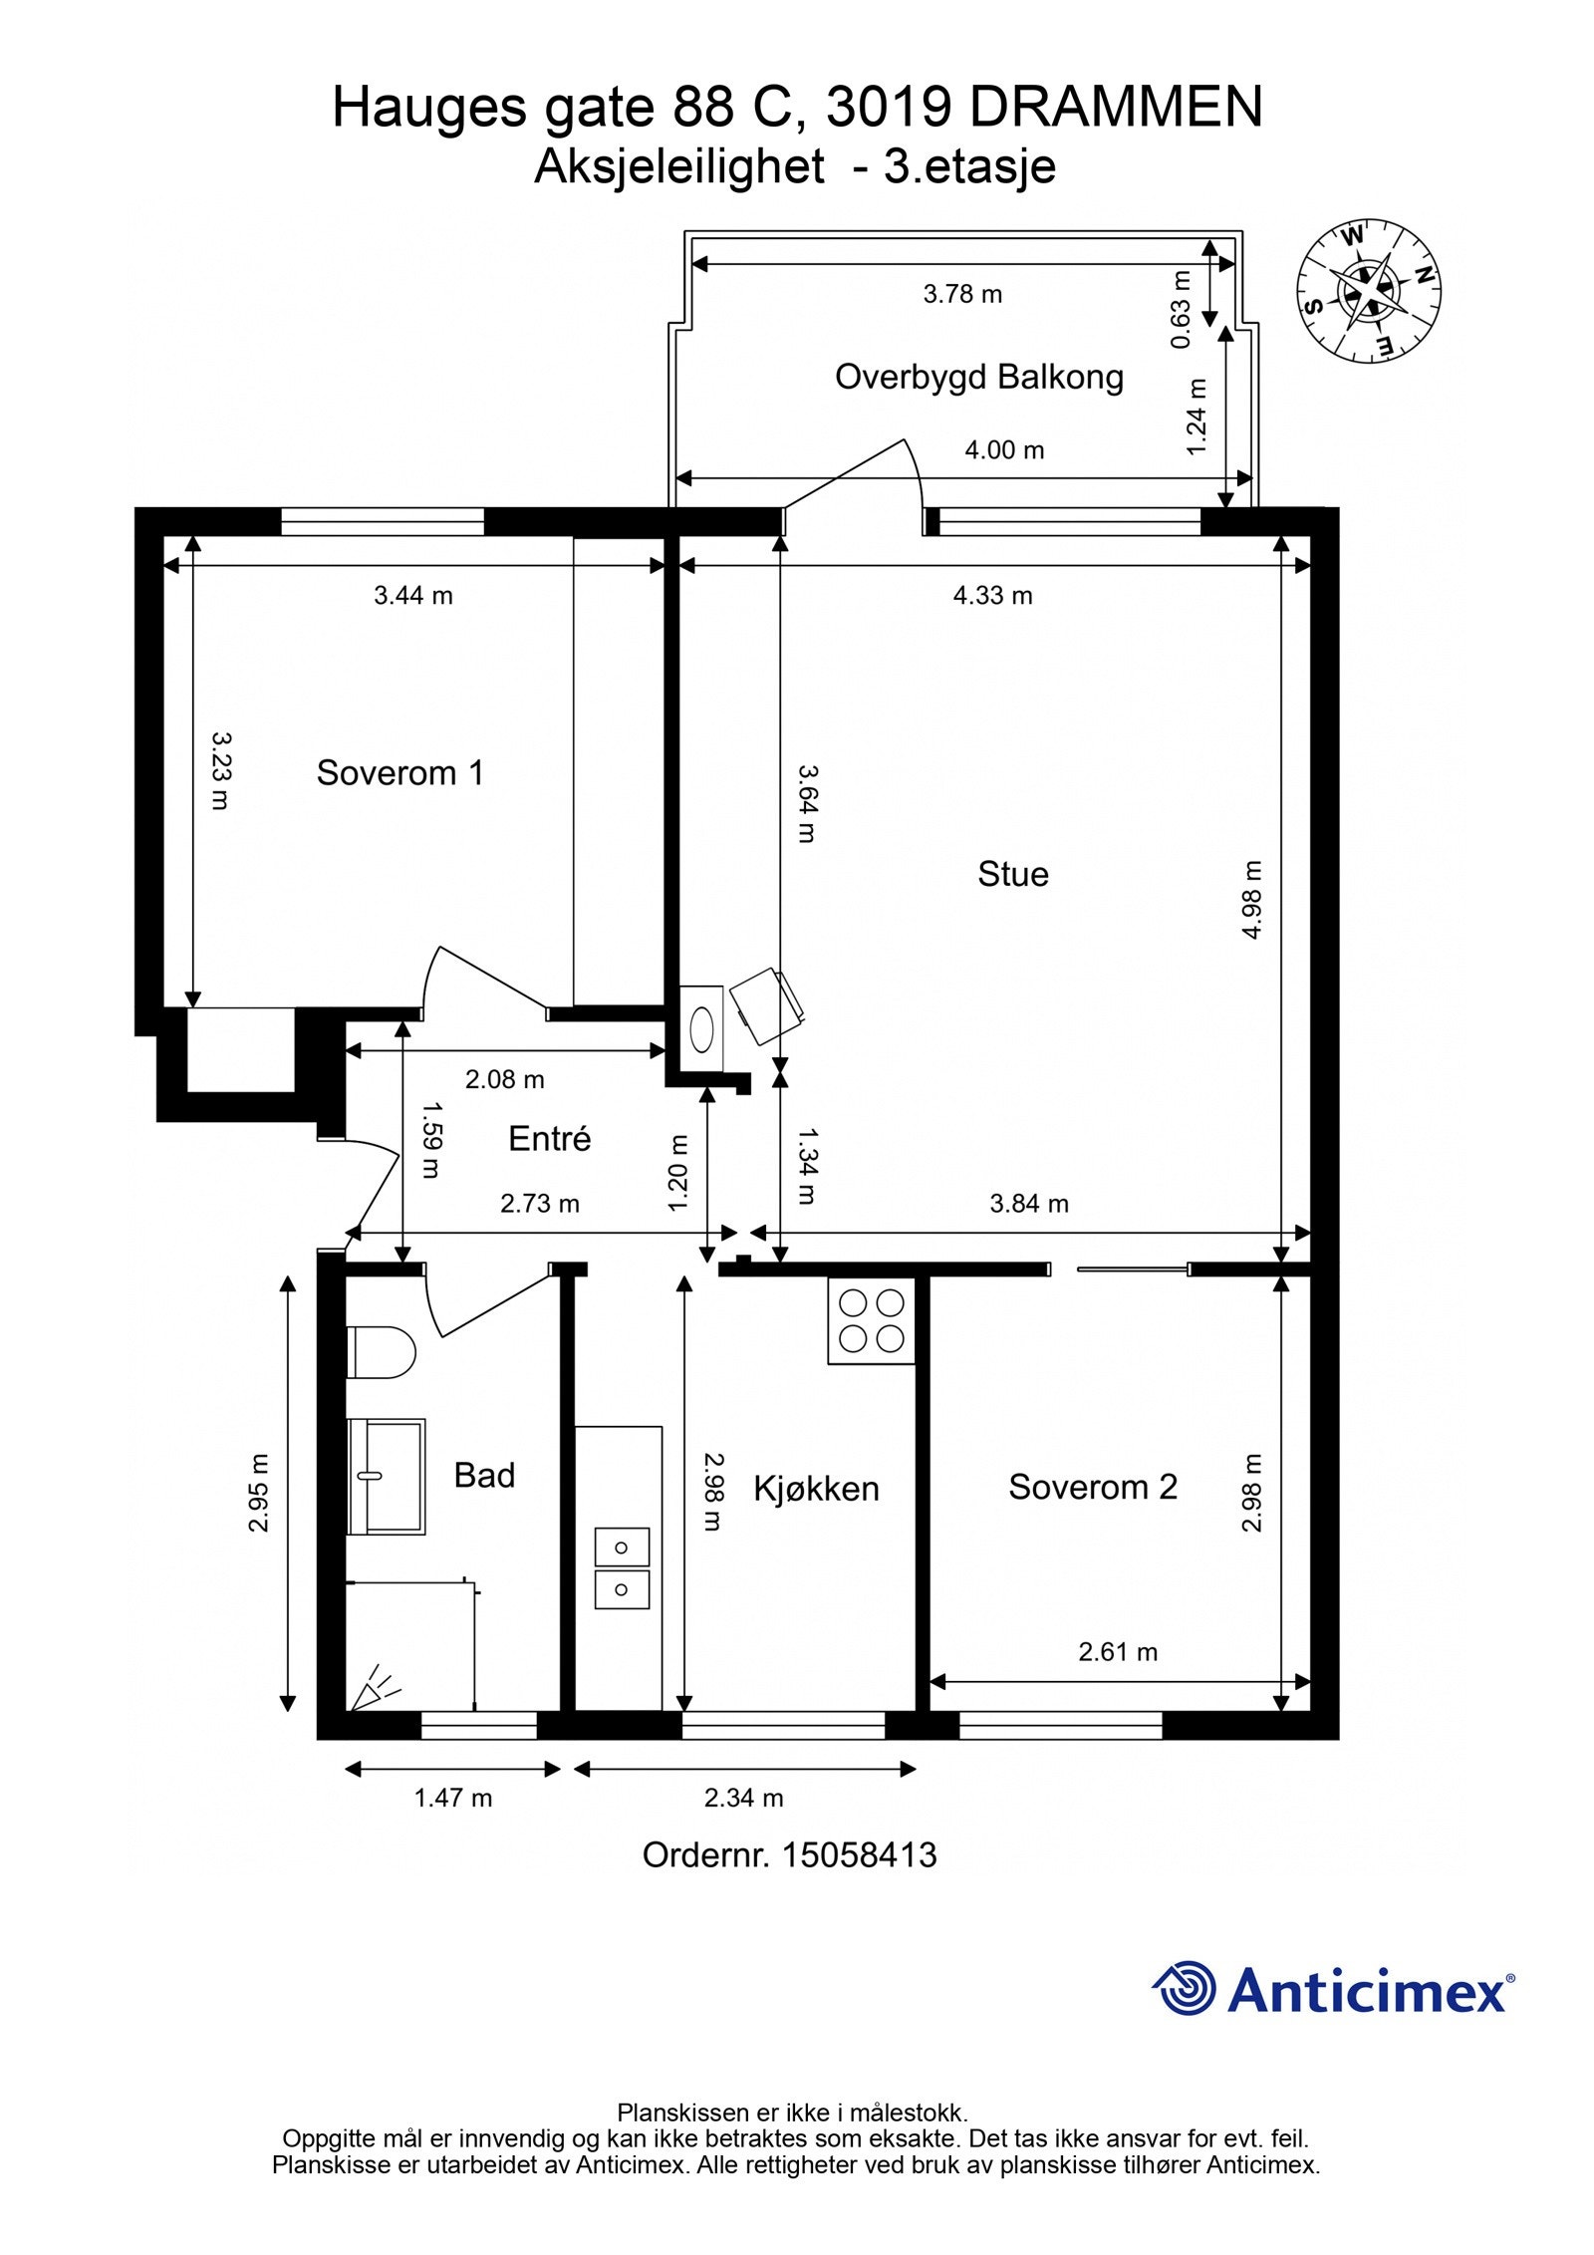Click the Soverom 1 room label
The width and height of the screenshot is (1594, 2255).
pos(399,772)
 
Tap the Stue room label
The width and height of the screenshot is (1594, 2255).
pos(1013,874)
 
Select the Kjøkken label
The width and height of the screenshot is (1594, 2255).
pos(816,1489)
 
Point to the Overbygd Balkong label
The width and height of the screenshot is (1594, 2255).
pos(979,377)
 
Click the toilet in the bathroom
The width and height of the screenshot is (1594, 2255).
pos(381,1352)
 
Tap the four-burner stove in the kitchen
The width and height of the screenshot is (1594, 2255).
pos(871,1320)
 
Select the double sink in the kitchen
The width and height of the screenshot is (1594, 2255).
pos(622,1568)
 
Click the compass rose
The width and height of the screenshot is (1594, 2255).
pos(1368,289)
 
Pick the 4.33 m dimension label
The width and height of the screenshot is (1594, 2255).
pos(992,596)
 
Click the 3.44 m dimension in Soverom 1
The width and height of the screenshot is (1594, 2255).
pos(412,596)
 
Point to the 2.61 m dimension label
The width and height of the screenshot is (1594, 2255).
pos(1118,1652)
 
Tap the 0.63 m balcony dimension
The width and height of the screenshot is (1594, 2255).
pos(1181,309)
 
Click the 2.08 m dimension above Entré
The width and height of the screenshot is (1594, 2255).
pos(505,1079)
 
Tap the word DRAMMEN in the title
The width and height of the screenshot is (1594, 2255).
pos(1116,107)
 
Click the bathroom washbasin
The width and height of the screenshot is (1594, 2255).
pos(387,1477)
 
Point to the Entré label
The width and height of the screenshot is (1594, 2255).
pos(549,1139)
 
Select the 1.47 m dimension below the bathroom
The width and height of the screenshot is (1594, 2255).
pos(453,1798)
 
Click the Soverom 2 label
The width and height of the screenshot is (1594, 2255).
pos(1093,1487)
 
